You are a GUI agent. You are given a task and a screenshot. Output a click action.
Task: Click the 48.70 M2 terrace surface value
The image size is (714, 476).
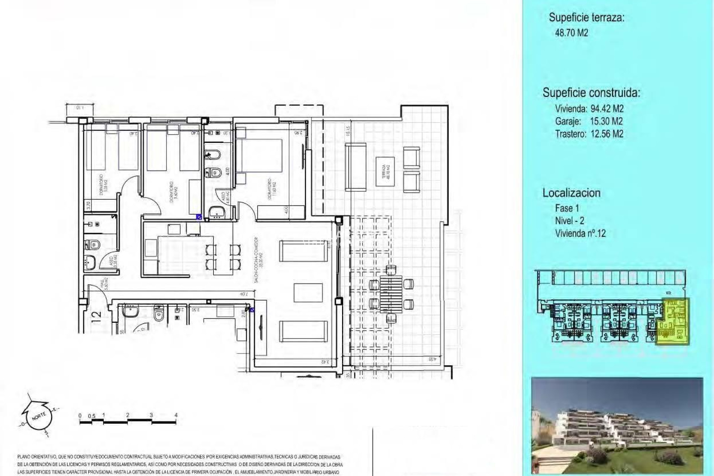(571, 33)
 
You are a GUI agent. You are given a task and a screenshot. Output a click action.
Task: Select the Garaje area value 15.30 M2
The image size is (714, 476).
(606, 121)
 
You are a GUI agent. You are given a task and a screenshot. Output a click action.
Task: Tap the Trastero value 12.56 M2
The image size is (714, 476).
(607, 134)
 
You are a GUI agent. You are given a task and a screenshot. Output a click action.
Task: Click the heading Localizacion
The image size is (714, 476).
(571, 193)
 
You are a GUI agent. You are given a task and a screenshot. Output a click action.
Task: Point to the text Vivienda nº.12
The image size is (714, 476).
(580, 234)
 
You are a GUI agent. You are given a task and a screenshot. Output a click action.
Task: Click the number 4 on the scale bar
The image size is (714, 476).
(176, 415)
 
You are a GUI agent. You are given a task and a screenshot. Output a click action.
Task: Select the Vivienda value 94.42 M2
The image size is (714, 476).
(607, 109)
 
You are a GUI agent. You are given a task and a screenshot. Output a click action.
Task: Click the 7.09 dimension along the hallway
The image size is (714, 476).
(244, 295)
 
